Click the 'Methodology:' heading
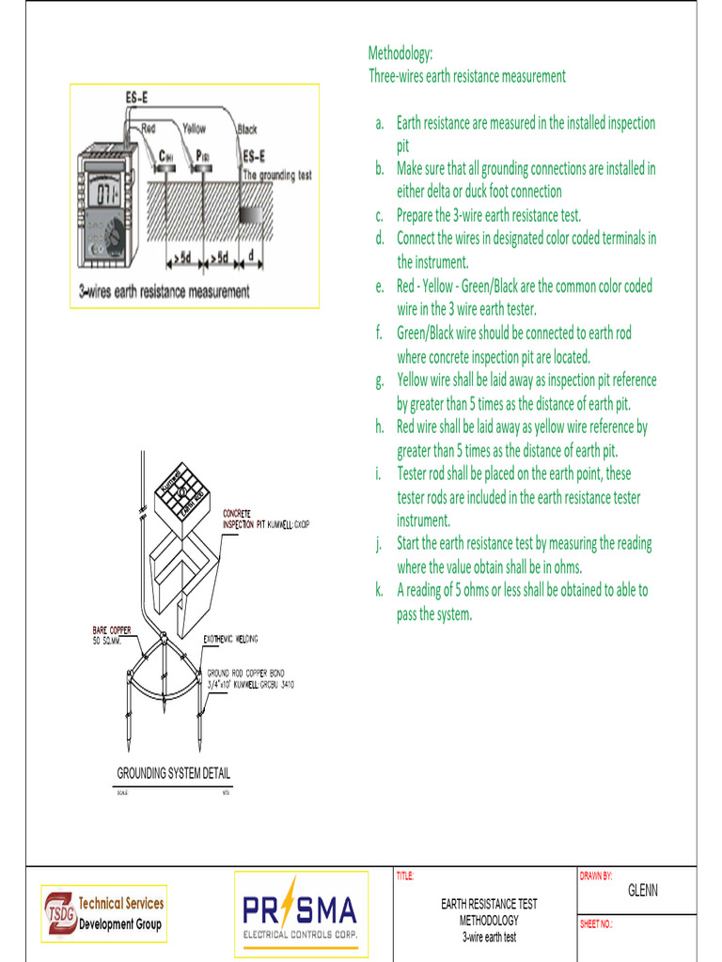point(400,54)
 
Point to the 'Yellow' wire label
point(194,128)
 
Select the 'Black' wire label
point(247,130)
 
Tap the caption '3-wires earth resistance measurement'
point(165,292)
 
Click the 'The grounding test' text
point(277,175)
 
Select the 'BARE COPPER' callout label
point(111,629)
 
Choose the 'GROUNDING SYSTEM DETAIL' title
point(173,773)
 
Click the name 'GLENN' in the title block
point(643,891)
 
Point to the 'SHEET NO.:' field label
point(596,924)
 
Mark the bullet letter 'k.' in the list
point(380,591)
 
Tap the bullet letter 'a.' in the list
point(380,123)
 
